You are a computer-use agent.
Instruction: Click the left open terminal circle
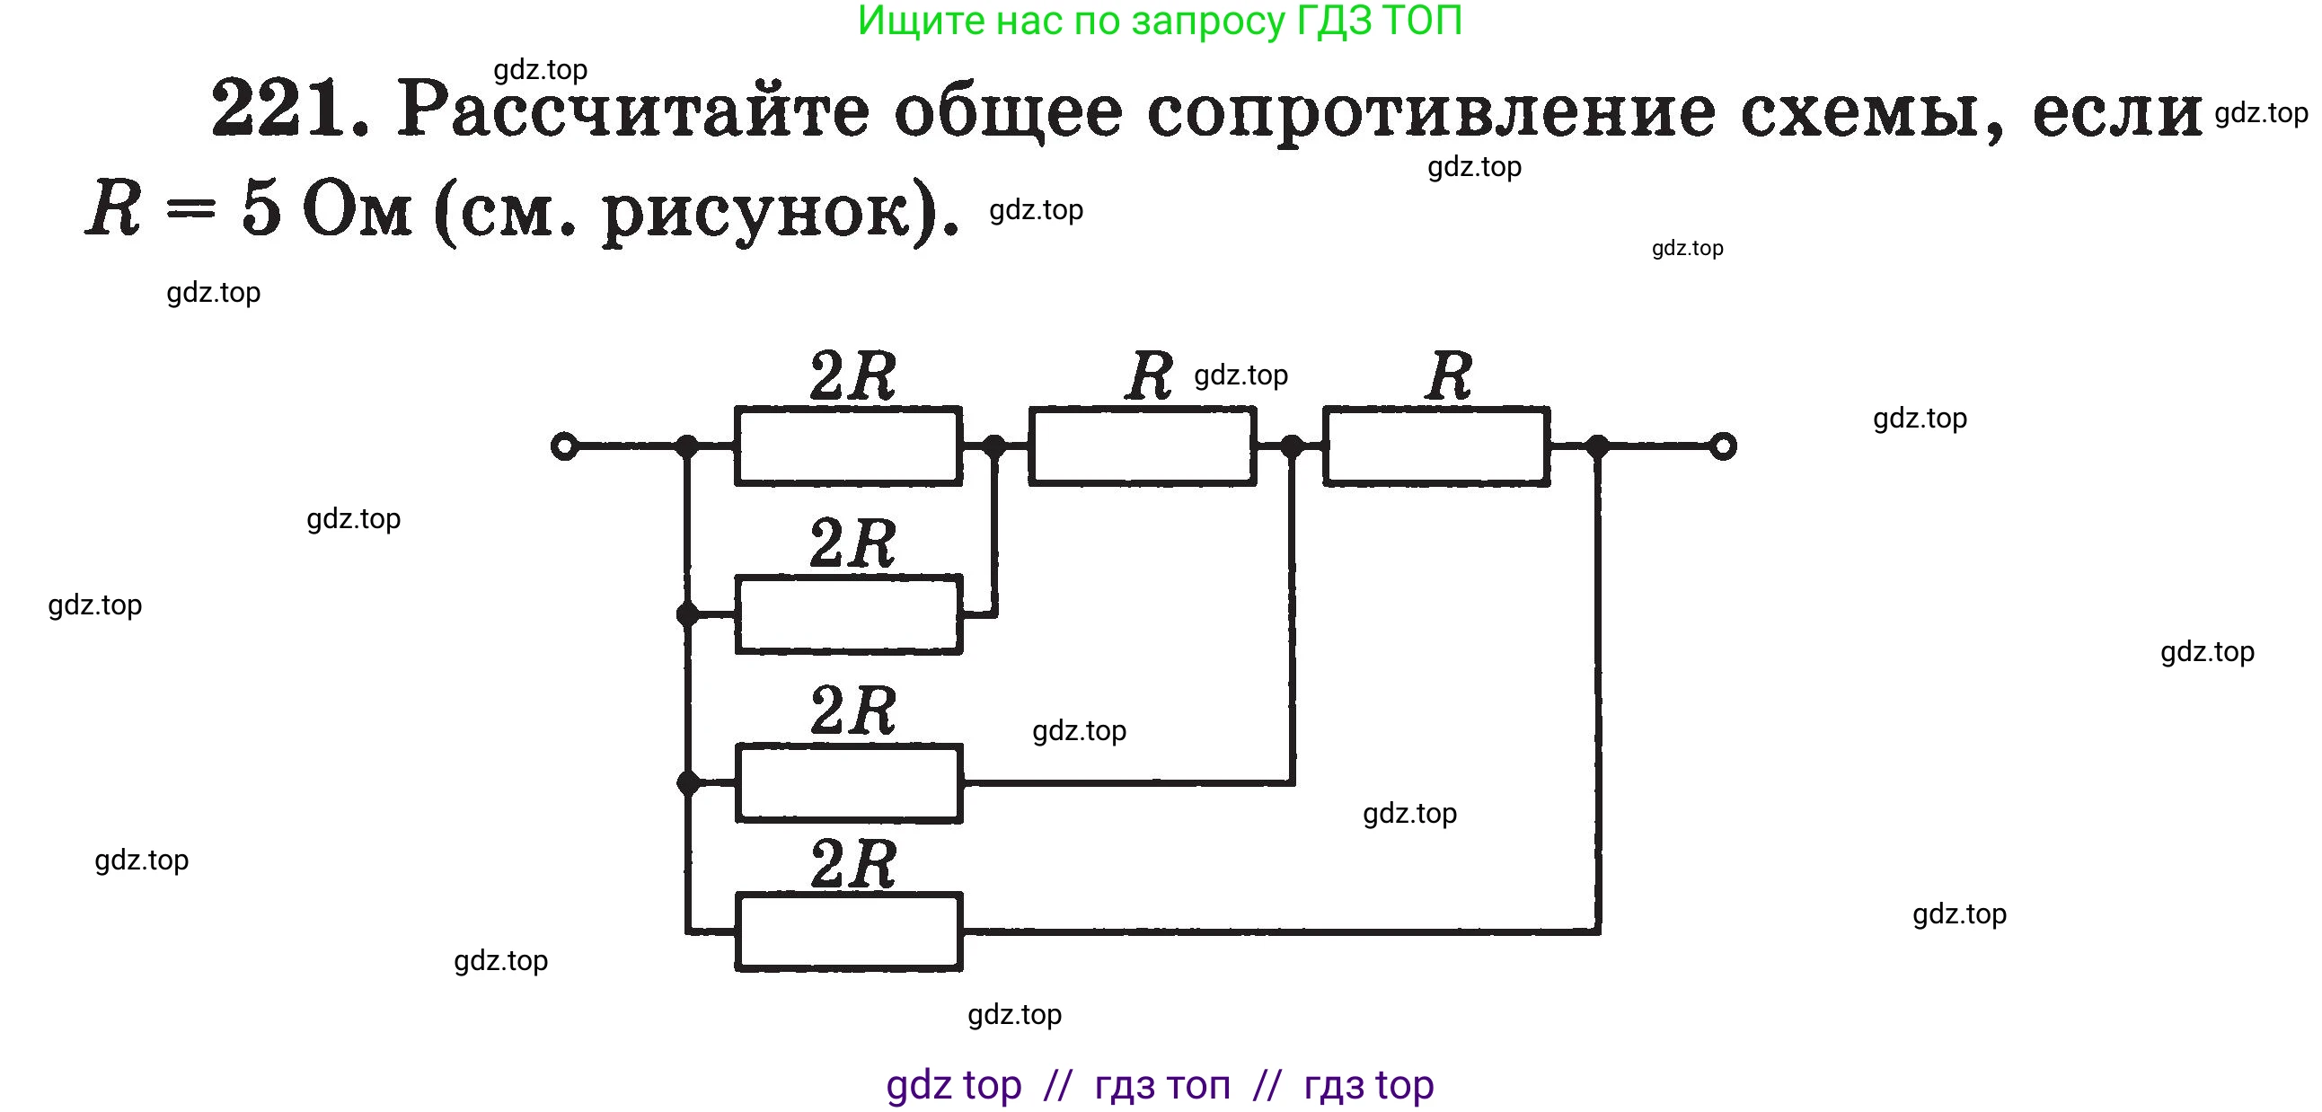pos(564,446)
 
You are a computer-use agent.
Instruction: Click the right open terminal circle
pos(1723,446)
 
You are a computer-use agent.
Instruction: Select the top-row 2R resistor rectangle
pos(848,446)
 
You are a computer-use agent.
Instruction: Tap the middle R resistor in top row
pos(1142,446)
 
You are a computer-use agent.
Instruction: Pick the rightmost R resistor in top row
pos(1437,446)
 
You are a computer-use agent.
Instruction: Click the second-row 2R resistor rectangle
pos(848,614)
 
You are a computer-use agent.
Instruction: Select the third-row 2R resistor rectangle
pos(848,783)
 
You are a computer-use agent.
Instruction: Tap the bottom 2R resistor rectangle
pos(848,931)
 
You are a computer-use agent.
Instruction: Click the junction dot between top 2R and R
pos(994,446)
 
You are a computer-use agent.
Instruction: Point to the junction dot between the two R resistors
pos(1292,446)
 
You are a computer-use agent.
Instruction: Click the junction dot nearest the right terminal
pos(1597,446)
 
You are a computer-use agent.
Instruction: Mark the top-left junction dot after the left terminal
pos(688,446)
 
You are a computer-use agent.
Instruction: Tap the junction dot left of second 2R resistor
pos(688,614)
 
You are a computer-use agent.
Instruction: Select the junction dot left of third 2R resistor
pos(688,783)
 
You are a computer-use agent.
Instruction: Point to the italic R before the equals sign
pos(113,208)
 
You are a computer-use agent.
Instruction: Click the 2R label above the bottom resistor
pos(852,863)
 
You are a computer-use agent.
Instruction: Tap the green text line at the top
pos(1159,21)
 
